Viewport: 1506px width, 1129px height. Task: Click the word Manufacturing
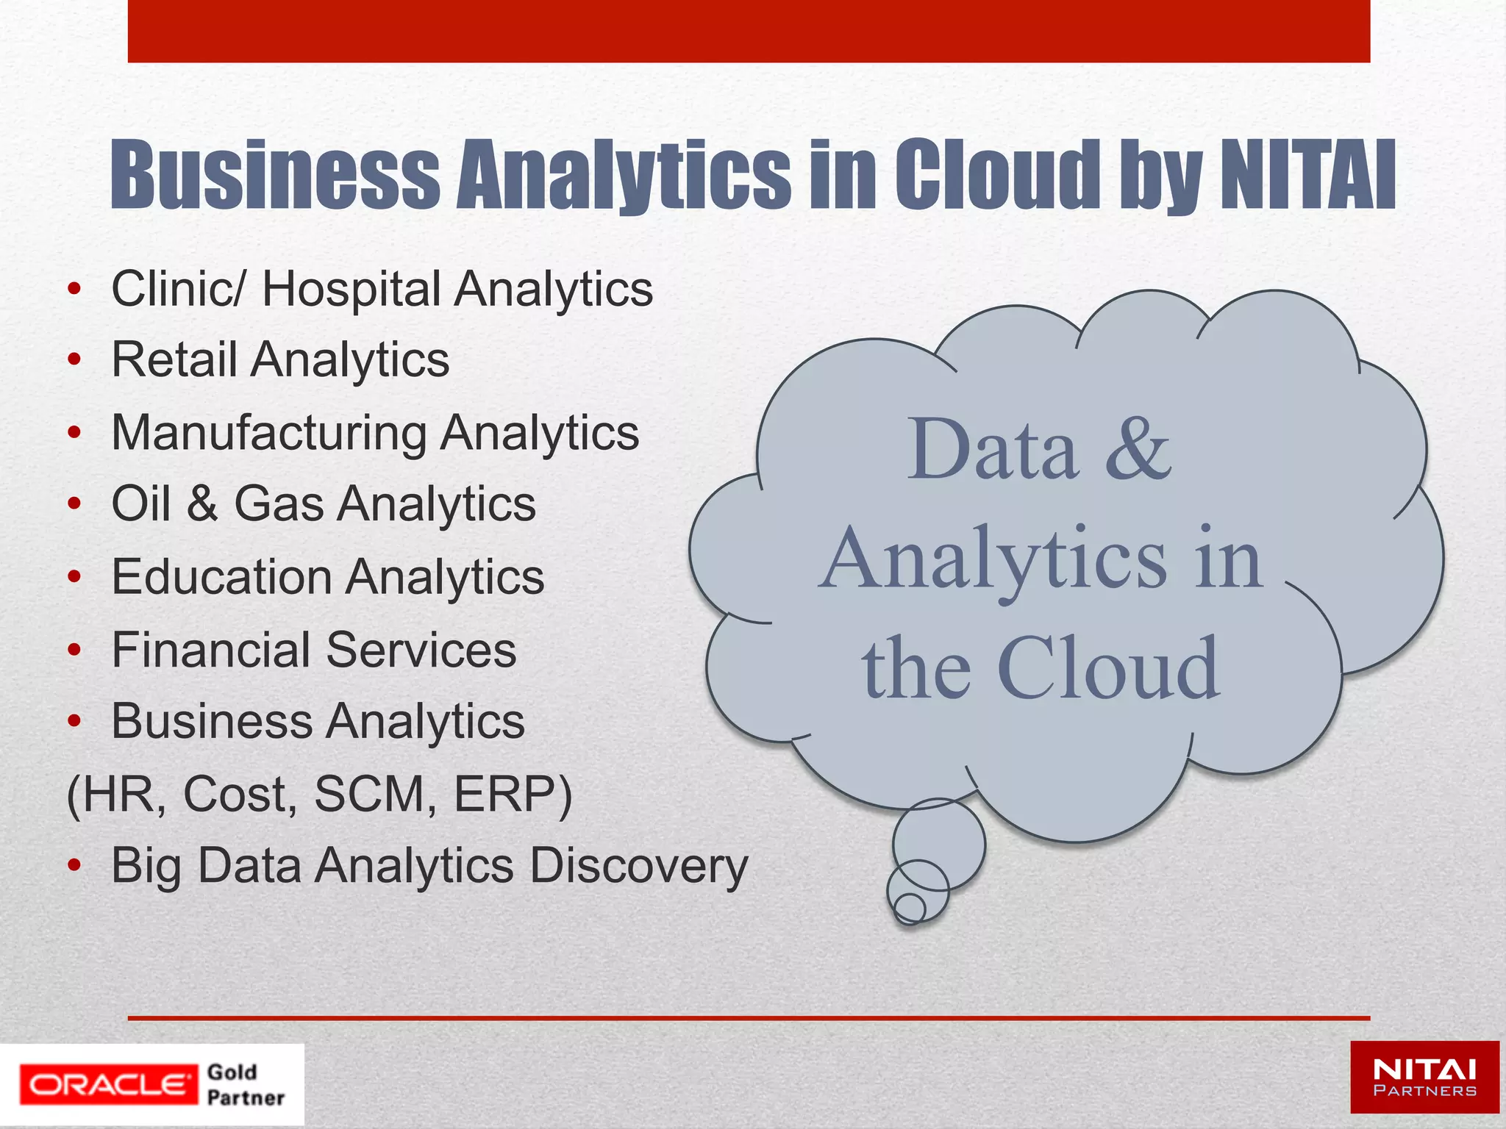[268, 433]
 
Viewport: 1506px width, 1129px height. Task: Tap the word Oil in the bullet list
[142, 504]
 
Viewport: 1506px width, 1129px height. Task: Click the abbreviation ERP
[507, 795]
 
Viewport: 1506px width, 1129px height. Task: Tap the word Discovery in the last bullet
[638, 866]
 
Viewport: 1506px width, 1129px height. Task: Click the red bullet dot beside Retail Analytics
[74, 360]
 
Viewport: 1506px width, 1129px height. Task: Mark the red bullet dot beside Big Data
[74, 866]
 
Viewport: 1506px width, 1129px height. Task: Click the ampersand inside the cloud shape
[1138, 448]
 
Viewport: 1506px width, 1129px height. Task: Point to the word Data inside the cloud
[993, 448]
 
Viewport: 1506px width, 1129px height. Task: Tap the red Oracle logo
[109, 1084]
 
